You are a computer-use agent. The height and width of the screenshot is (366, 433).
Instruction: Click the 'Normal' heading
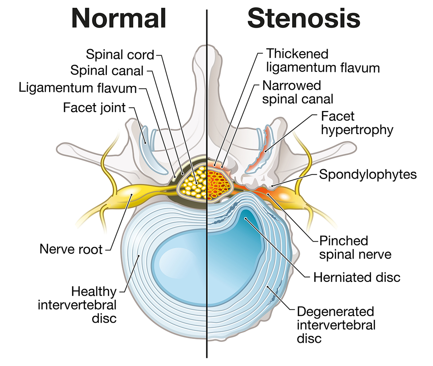click(119, 18)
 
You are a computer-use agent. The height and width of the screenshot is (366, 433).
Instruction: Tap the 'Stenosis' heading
click(304, 18)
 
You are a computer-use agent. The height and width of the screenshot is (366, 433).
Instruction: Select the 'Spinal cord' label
click(120, 55)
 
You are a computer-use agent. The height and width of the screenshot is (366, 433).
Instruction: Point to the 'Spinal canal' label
click(107, 70)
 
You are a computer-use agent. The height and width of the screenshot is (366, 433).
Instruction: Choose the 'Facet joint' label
click(94, 107)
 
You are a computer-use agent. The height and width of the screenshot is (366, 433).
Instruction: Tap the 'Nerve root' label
click(71, 249)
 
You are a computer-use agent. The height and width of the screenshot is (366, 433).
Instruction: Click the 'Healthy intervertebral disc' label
click(77, 305)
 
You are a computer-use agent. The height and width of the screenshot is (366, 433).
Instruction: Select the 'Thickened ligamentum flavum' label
click(323, 61)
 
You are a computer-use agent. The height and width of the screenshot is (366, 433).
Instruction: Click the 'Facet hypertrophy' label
click(357, 123)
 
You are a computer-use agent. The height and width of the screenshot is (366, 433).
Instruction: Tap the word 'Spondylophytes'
click(368, 175)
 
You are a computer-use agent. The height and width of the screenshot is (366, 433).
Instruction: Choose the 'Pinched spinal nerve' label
click(355, 247)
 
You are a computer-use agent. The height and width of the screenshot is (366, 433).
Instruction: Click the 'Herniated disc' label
click(357, 277)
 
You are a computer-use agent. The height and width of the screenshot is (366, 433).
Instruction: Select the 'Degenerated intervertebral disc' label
click(336, 325)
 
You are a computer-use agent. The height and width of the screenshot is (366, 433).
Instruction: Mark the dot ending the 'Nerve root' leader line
click(132, 195)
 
